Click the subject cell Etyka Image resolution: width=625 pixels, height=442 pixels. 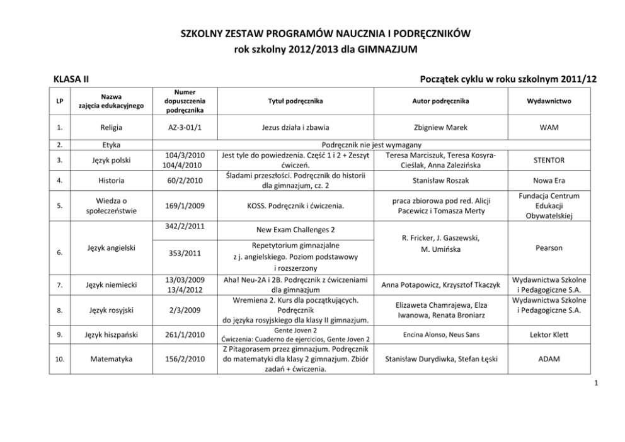(x=111, y=145)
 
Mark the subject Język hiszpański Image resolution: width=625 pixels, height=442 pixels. (x=111, y=334)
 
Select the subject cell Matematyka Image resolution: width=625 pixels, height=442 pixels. (x=111, y=359)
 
